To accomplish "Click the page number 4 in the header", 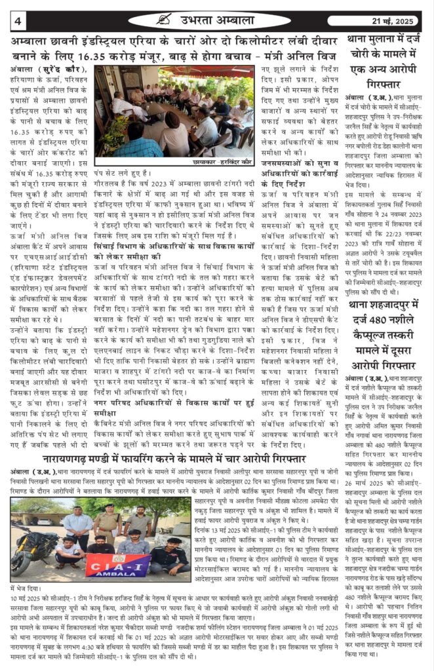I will [x=18, y=20].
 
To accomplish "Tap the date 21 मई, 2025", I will [x=394, y=20].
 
